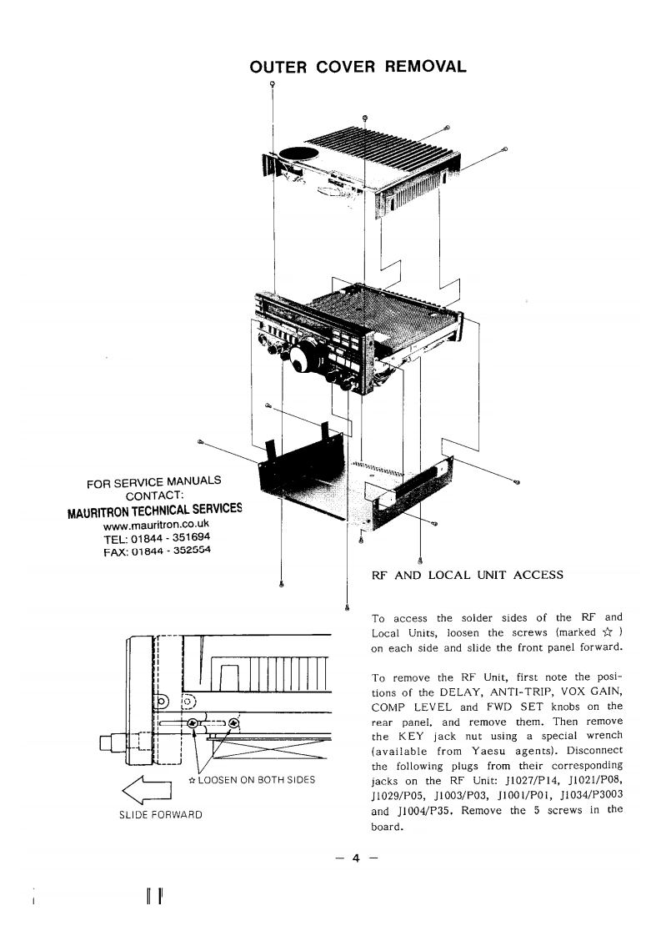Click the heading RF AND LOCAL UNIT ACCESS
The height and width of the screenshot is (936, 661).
[x=468, y=575]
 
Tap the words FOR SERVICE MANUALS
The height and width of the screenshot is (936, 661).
[x=154, y=481]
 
